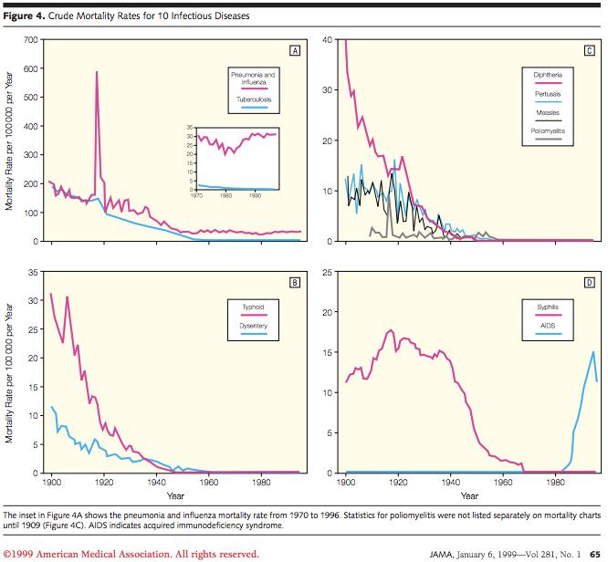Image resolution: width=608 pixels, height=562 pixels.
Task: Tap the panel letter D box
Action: (590, 282)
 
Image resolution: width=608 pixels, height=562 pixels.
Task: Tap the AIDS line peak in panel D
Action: (593, 351)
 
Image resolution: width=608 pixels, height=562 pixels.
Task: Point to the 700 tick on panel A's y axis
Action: (30, 40)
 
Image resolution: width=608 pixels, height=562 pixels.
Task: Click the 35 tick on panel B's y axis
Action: (33, 273)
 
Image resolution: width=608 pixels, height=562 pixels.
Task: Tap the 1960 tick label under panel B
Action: (210, 483)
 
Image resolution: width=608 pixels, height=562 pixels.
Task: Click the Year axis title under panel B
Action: (174, 495)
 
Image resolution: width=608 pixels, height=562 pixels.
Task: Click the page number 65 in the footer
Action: (594, 552)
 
